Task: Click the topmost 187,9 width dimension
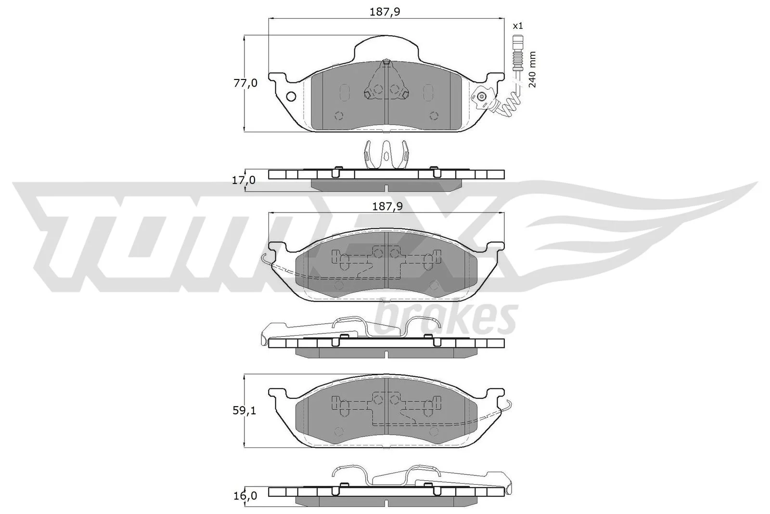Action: [x=385, y=12]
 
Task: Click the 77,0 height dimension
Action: [x=245, y=83]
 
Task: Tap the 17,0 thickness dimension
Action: [x=244, y=180]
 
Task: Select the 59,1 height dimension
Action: [x=244, y=410]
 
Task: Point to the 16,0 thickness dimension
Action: [x=245, y=496]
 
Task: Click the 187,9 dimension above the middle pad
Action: [x=387, y=207]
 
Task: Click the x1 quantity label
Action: [x=518, y=26]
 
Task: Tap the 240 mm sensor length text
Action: [x=532, y=69]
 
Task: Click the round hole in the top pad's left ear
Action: [x=291, y=97]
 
